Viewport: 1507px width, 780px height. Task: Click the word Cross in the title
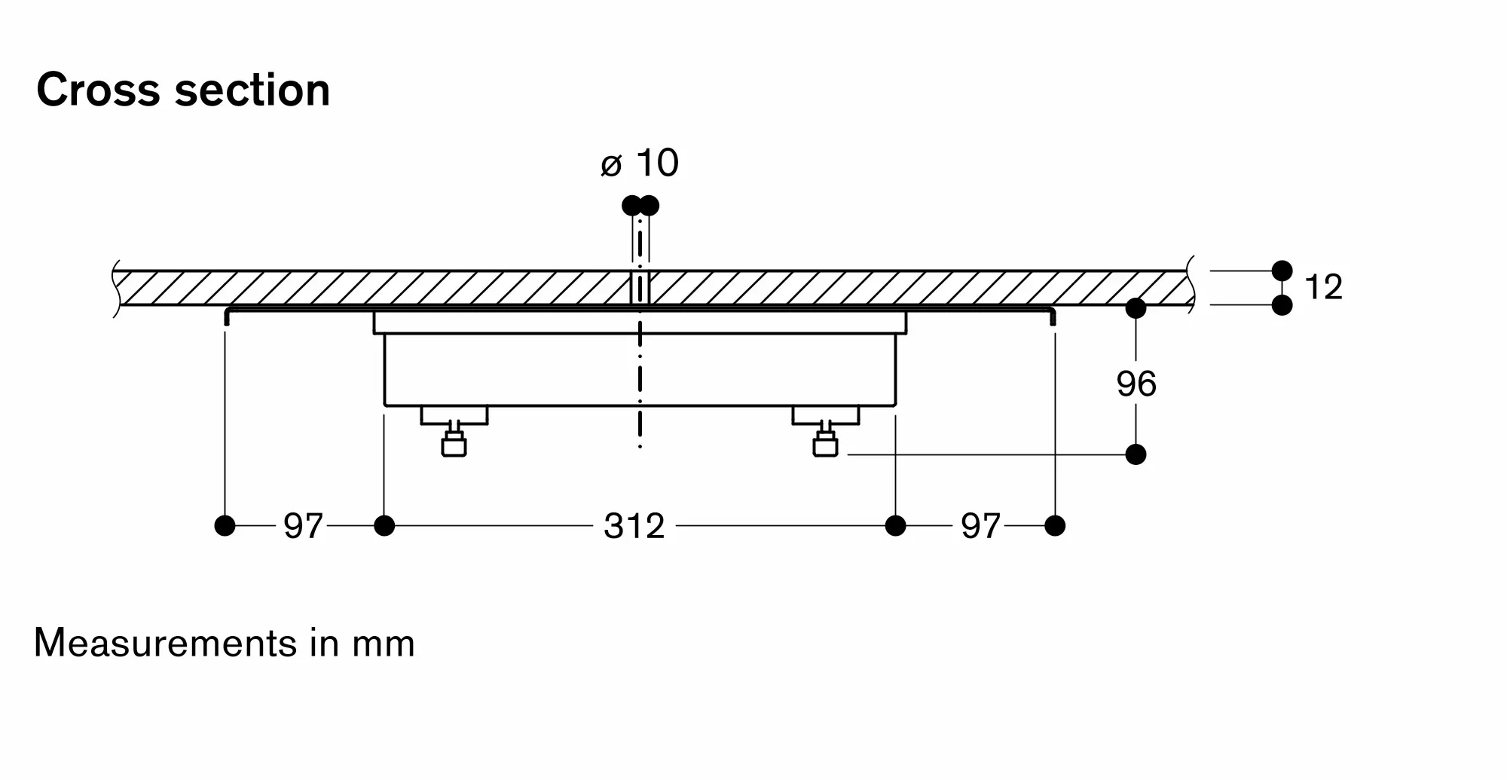point(98,90)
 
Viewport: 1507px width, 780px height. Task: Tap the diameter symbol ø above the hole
point(611,165)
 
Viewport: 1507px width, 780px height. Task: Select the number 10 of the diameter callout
point(657,163)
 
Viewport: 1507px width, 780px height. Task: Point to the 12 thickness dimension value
point(1323,287)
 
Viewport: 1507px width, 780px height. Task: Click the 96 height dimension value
point(1136,384)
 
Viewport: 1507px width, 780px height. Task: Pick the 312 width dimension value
point(634,526)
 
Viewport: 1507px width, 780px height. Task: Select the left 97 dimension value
point(303,526)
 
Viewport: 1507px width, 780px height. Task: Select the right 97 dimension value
point(980,526)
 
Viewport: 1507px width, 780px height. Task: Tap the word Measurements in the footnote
point(166,644)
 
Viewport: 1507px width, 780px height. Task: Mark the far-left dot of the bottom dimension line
point(225,525)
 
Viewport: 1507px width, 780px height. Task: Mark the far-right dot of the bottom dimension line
point(1055,525)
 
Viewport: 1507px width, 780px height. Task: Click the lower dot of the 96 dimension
point(1136,454)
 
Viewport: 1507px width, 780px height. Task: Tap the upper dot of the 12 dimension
point(1282,271)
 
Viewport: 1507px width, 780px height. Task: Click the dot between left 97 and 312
point(384,525)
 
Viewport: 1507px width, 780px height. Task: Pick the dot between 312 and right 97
point(895,525)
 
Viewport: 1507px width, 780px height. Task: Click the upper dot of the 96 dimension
point(1136,308)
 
